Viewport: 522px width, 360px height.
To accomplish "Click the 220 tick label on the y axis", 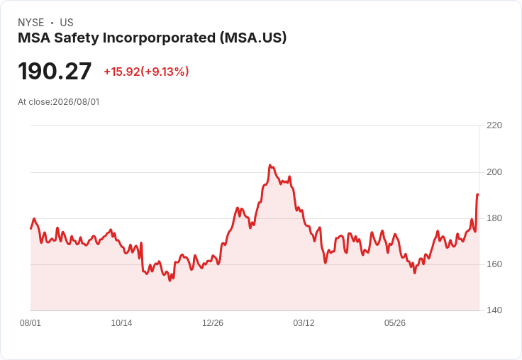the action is point(494,125).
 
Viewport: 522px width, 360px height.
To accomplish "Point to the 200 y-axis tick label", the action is point(494,172).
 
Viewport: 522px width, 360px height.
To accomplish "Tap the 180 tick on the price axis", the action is point(494,218).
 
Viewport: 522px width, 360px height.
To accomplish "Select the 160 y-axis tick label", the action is point(494,264).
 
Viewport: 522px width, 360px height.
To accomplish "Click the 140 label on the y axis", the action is point(494,310).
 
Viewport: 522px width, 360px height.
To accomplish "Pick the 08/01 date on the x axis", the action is point(30,323).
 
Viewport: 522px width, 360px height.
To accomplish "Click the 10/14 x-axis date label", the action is point(121,323).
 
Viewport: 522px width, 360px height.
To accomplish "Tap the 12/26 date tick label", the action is point(213,323).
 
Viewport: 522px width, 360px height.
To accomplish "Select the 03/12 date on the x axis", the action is point(304,323).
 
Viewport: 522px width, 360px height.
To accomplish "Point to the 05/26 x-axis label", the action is point(395,323).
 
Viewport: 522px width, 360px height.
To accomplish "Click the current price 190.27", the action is point(55,71).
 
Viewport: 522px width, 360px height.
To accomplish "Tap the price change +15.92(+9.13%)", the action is point(147,72).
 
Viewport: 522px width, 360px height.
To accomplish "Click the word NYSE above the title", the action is point(31,23).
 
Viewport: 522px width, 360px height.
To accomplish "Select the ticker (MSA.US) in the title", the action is point(253,38).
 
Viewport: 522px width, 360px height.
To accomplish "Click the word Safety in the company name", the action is point(77,38).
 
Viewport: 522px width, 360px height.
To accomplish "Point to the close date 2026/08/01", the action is point(76,102).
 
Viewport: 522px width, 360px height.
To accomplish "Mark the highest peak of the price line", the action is point(270,165).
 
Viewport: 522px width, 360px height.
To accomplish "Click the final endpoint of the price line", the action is point(478,195).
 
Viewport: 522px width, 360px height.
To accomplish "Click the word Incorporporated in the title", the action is point(159,38).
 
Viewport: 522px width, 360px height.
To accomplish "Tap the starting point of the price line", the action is point(31,229).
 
